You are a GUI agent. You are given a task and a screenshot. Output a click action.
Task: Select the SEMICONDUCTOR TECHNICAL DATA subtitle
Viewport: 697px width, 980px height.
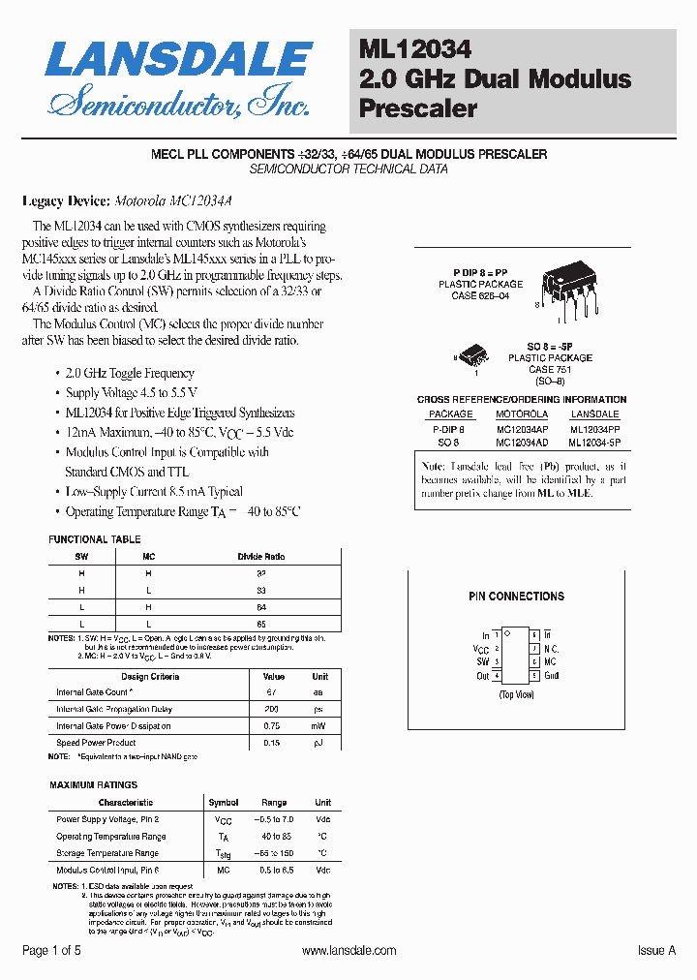(x=348, y=168)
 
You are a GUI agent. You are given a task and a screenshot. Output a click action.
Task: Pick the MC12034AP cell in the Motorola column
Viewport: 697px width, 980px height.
(x=522, y=427)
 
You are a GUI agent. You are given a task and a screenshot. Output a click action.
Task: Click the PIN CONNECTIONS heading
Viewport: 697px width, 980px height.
(x=516, y=597)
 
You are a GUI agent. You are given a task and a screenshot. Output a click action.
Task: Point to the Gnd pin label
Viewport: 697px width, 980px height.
(x=552, y=675)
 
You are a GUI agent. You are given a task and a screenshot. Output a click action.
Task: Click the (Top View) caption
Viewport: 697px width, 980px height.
(x=516, y=695)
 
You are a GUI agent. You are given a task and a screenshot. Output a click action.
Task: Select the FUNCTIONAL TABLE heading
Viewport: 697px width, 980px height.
(x=94, y=539)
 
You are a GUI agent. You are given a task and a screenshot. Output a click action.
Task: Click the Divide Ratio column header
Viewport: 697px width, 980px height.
(x=261, y=557)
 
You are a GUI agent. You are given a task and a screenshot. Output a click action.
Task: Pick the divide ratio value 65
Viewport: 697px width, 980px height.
(x=261, y=625)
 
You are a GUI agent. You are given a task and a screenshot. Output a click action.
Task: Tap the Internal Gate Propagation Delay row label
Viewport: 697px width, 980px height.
(x=115, y=709)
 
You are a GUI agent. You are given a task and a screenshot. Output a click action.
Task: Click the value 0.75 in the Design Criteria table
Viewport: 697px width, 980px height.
(x=274, y=725)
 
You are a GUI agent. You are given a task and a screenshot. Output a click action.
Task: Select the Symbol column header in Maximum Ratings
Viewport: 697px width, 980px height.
(x=224, y=802)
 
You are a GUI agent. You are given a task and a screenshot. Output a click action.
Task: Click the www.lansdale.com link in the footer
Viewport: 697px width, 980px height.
(x=348, y=951)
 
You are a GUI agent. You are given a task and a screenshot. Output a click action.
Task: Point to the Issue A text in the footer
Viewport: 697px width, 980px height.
(x=656, y=951)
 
